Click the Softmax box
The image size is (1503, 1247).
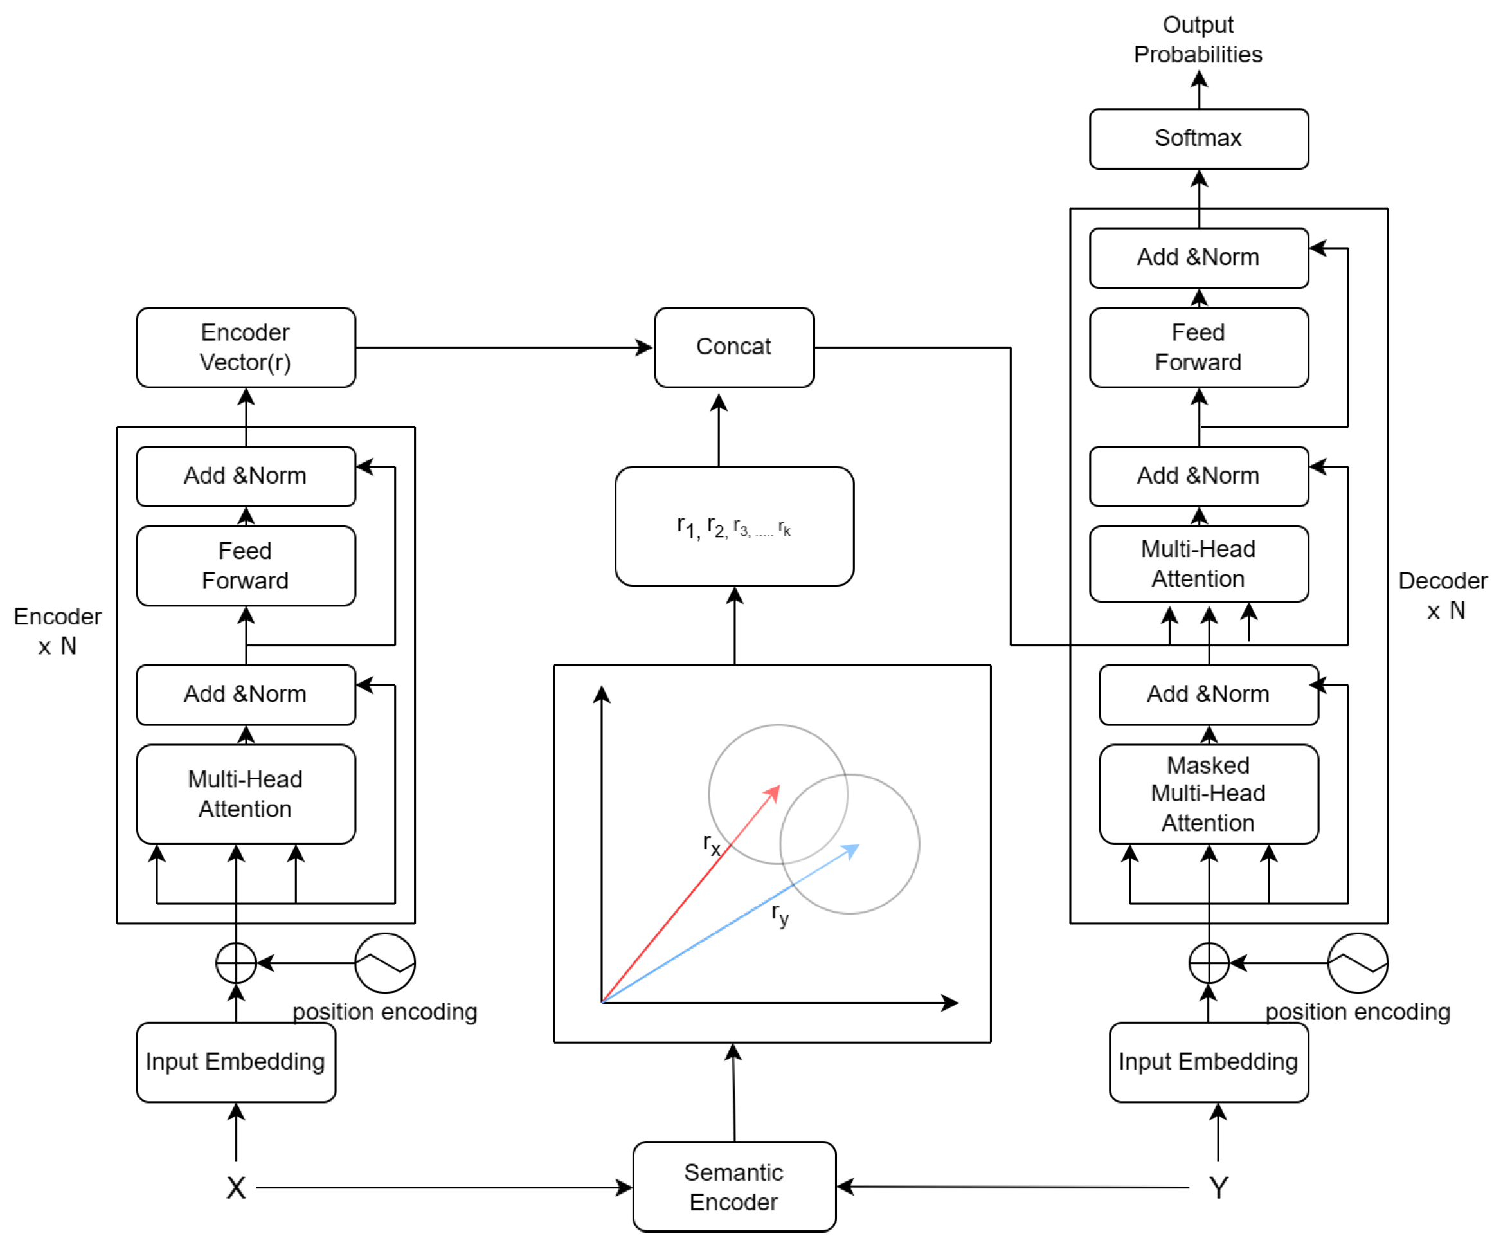pyautogui.click(x=1198, y=139)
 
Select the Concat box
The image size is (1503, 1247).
pyautogui.click(x=733, y=347)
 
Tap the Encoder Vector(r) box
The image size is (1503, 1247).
pyautogui.click(x=246, y=347)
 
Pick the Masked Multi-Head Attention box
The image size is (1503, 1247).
pyautogui.click(x=1208, y=794)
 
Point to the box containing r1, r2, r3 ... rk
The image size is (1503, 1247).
pyautogui.click(x=733, y=526)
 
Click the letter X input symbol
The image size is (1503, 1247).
pyautogui.click(x=235, y=1188)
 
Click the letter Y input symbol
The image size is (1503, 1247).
pyautogui.click(x=1218, y=1188)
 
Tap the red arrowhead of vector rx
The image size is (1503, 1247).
pyautogui.click(x=774, y=792)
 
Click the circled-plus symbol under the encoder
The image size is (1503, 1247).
pyautogui.click(x=235, y=963)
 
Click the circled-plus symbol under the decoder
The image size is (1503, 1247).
pyautogui.click(x=1208, y=963)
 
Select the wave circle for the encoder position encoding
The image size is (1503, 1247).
pyautogui.click(x=385, y=963)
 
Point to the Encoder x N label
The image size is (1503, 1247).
pyautogui.click(x=57, y=631)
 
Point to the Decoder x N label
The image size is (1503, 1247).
pyautogui.click(x=1442, y=595)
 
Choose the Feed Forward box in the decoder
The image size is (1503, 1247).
pyautogui.click(x=1198, y=347)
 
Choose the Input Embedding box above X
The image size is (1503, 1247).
pyautogui.click(x=235, y=1062)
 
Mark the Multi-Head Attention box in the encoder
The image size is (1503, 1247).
pyautogui.click(x=246, y=794)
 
